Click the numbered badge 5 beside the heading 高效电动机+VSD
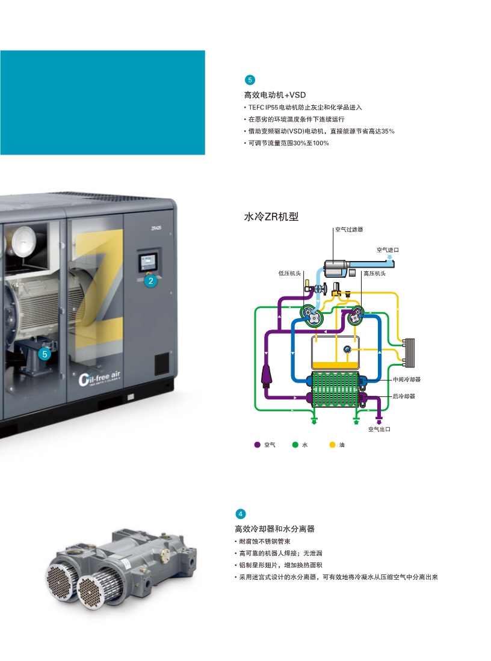point(250,80)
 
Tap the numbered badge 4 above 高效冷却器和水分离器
point(241,514)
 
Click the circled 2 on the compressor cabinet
point(151,280)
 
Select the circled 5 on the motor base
point(44,354)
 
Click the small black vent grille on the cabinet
point(161,363)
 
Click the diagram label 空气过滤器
point(349,229)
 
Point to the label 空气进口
point(388,249)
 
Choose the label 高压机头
point(374,273)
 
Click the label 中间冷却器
point(406,380)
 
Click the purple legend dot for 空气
point(258,444)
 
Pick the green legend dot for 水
point(295,444)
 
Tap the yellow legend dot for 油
point(332,444)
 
